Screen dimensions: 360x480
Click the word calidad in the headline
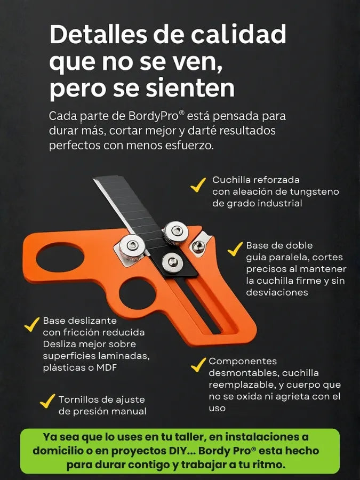(x=238, y=34)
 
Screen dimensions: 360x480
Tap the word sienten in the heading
(x=190, y=87)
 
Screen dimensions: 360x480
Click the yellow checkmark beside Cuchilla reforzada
(x=198, y=185)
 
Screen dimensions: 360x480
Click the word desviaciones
(x=277, y=292)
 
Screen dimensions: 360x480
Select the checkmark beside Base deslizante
(x=32, y=324)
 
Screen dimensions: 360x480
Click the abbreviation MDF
(x=107, y=367)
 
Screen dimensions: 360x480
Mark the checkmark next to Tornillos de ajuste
(x=47, y=401)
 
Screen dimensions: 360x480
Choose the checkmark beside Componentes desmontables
(x=198, y=365)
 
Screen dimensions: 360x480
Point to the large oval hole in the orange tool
(x=60, y=258)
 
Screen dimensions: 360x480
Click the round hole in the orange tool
(x=138, y=293)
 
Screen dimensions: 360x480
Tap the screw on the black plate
(x=173, y=262)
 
